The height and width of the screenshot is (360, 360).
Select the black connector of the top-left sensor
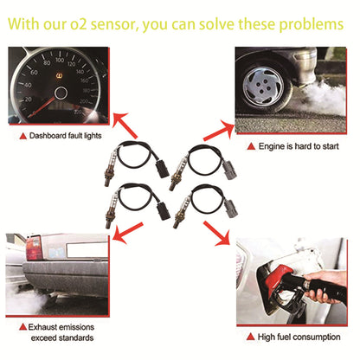(165, 158)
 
